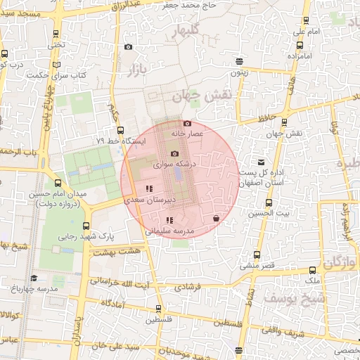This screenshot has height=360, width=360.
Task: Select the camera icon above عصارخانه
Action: coord(186,122)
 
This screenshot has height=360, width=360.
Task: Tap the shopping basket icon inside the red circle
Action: coord(214,219)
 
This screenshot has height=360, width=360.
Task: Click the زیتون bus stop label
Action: coord(239,72)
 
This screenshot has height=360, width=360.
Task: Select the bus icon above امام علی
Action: coord(305,21)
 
